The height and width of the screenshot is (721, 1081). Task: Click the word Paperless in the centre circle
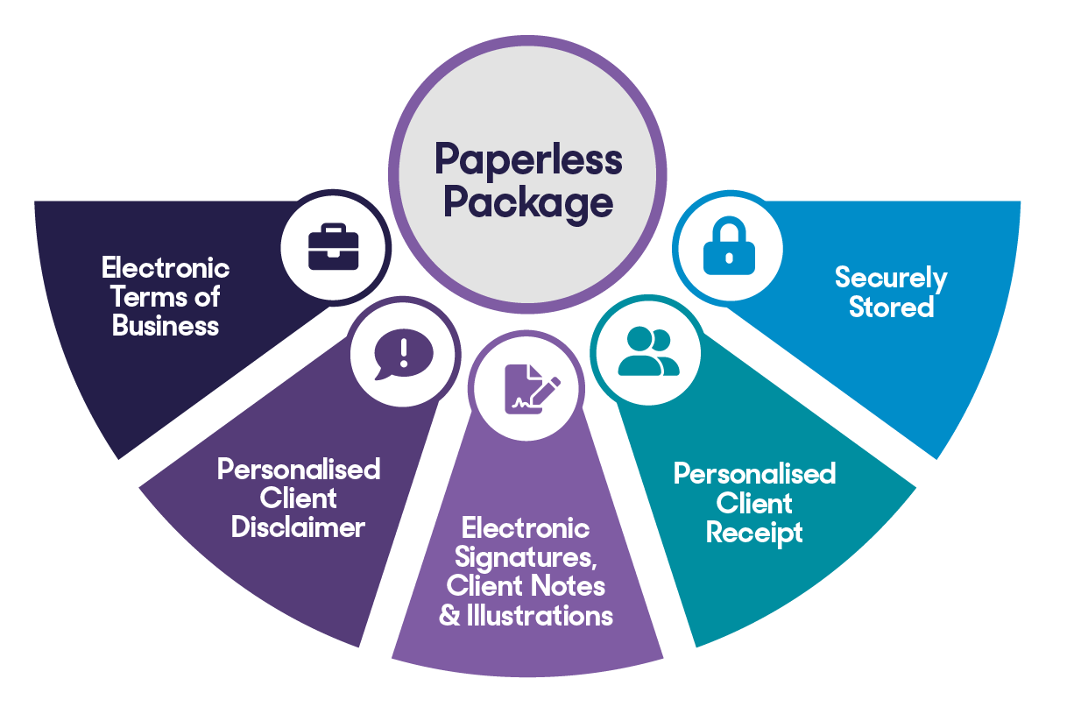point(528,160)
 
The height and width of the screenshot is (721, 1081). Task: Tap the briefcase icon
point(334,246)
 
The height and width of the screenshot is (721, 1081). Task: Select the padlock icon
point(729,245)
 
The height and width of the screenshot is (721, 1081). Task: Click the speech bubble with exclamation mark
point(404,354)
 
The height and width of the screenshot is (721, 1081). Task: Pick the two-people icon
point(648,351)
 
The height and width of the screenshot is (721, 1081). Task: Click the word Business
point(165,326)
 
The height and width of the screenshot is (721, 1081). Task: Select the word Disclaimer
point(298,527)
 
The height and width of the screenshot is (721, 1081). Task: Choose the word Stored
point(891,307)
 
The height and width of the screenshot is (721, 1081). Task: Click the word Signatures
point(526,558)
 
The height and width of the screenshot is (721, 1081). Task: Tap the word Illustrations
point(540,616)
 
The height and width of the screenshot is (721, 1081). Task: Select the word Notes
point(569,586)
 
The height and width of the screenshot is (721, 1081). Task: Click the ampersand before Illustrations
point(449,616)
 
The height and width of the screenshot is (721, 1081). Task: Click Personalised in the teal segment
point(754,474)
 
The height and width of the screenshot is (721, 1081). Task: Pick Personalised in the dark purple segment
point(299,470)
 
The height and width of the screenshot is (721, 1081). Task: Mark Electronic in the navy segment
point(166,268)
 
